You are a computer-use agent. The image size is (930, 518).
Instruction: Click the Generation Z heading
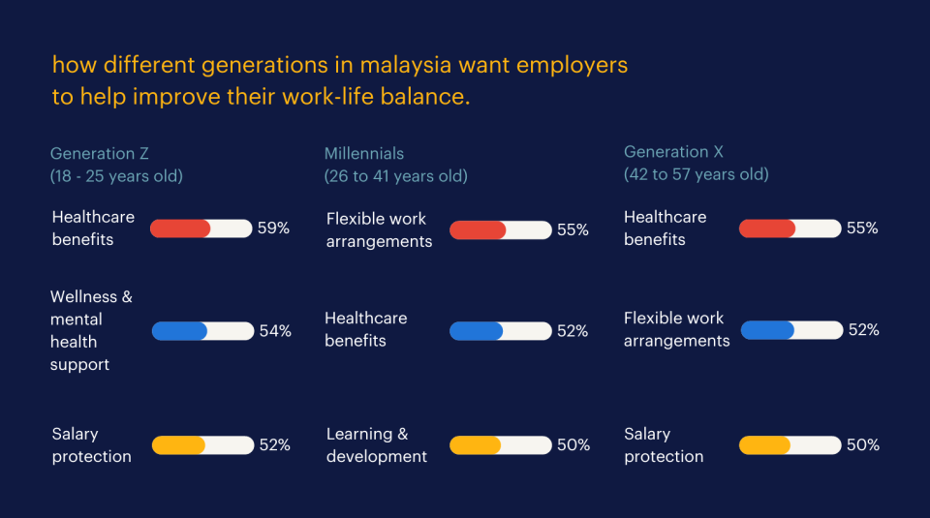pyautogui.click(x=99, y=153)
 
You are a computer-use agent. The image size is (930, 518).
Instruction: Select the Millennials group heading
pyautogui.click(x=364, y=153)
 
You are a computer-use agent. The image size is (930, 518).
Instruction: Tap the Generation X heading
pyautogui.click(x=673, y=152)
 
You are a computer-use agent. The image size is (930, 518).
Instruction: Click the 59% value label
pyautogui.click(x=273, y=229)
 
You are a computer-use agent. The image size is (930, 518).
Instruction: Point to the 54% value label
pyautogui.click(x=275, y=331)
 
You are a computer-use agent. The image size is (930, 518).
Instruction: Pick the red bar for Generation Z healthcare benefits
pyautogui.click(x=180, y=229)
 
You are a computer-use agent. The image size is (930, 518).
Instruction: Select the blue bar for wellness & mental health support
pyautogui.click(x=180, y=331)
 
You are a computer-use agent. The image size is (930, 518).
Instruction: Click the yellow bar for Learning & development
pyautogui.click(x=476, y=445)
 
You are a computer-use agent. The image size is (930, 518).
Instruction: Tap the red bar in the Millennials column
pyautogui.click(x=478, y=230)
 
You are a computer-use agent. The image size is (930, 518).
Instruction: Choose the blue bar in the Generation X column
pyautogui.click(x=768, y=330)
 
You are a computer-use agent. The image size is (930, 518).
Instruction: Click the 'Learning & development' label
pyautogui.click(x=376, y=445)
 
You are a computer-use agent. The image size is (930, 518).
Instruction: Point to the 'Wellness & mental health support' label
pyautogui.click(x=91, y=330)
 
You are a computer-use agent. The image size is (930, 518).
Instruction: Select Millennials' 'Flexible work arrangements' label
pyautogui.click(x=379, y=230)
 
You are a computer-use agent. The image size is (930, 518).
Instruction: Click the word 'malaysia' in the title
pyautogui.click(x=418, y=65)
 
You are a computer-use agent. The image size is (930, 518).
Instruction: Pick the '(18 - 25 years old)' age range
pyautogui.click(x=116, y=176)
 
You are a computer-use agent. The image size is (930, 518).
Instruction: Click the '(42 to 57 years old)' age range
pyautogui.click(x=696, y=174)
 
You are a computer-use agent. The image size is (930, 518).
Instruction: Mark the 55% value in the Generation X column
pyautogui.click(x=862, y=229)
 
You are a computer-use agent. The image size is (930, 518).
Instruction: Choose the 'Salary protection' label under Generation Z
pyautogui.click(x=91, y=445)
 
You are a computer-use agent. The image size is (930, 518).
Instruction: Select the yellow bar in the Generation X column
pyautogui.click(x=765, y=445)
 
